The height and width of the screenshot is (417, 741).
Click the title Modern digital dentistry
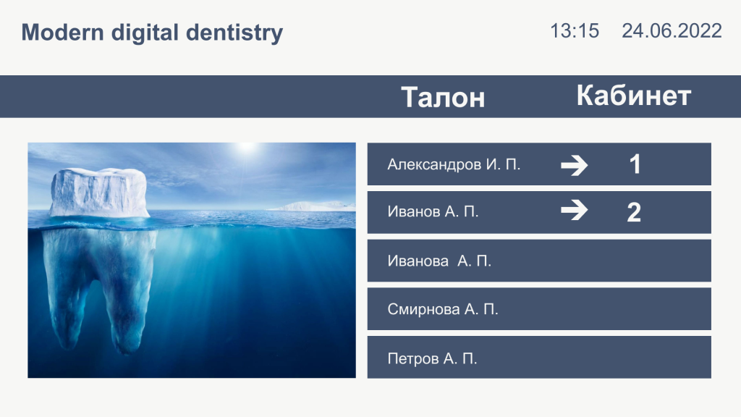point(152,33)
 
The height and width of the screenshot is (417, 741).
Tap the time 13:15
point(575,31)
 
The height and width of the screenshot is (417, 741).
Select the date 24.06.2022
point(672,31)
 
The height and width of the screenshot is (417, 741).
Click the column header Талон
point(444,98)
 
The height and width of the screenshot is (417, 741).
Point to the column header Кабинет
point(634,96)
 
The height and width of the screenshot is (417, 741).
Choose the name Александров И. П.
point(454,164)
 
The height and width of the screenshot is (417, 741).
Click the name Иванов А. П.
point(433,211)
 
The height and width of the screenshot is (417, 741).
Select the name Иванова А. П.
point(439,261)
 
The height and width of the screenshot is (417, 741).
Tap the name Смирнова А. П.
point(443,309)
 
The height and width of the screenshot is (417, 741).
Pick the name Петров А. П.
point(432,358)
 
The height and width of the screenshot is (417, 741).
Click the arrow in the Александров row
point(574,166)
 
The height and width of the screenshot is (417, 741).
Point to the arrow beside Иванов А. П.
point(574,211)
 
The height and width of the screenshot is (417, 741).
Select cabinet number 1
point(635,164)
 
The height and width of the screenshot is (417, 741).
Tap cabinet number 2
point(634,212)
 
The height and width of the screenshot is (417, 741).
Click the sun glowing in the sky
point(246,147)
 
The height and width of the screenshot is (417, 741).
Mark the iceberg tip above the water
point(98,193)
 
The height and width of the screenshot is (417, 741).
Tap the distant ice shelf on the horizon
point(312,206)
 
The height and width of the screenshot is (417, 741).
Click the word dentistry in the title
point(234,33)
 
